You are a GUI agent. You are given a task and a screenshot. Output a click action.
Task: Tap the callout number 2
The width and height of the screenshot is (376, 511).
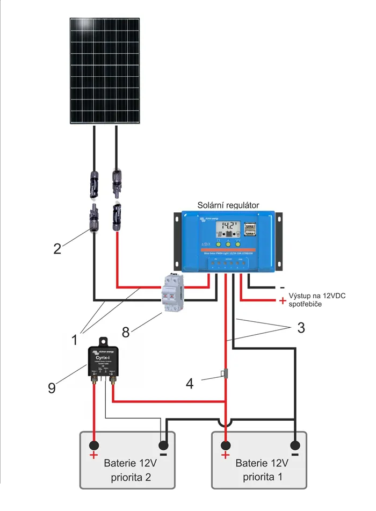pyautogui.click(x=58, y=248)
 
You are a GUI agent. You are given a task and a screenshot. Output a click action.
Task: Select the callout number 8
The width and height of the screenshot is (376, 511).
pyautogui.click(x=126, y=332)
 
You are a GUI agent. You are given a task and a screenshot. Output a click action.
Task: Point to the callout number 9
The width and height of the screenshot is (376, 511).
pyautogui.click(x=52, y=388)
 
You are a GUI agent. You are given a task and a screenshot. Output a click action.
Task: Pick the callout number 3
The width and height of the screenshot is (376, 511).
pyautogui.click(x=301, y=327)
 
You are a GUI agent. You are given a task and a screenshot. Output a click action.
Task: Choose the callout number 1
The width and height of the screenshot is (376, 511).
pyautogui.click(x=75, y=340)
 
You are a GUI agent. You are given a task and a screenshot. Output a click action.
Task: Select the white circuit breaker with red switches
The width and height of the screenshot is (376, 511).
pyautogui.click(x=172, y=293)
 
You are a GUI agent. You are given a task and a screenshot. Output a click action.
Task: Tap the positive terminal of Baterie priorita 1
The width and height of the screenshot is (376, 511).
pyautogui.click(x=226, y=445)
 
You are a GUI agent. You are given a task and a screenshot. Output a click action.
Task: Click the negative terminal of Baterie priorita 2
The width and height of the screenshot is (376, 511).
pyautogui.click(x=163, y=445)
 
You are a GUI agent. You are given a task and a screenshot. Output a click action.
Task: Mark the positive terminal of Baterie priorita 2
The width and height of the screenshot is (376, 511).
pyautogui.click(x=94, y=445)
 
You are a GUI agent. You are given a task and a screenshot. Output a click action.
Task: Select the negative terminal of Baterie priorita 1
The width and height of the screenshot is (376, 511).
pyautogui.click(x=295, y=445)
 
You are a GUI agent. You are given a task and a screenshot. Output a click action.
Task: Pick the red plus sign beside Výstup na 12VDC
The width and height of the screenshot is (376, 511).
pyautogui.click(x=283, y=301)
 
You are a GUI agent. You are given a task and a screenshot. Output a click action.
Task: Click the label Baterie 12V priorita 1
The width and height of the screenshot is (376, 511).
pyautogui.click(x=263, y=470)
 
